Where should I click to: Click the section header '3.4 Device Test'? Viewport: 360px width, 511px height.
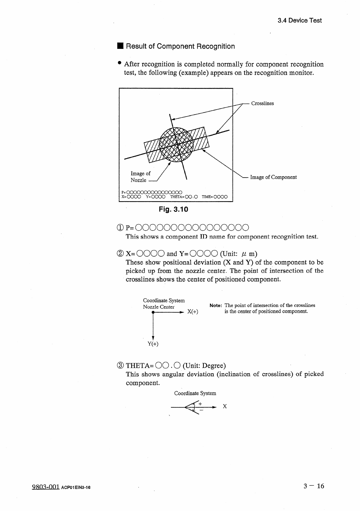(299, 20)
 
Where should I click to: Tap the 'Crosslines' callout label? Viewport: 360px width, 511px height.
(262, 103)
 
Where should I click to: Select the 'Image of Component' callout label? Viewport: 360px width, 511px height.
(273, 177)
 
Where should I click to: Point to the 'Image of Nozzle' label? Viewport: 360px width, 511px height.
(140, 177)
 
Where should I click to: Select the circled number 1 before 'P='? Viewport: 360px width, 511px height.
(120, 227)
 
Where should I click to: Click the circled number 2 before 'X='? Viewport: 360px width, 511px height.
(120, 253)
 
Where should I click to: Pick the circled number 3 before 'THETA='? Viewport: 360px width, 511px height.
(120, 365)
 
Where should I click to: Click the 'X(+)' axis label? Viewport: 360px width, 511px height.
(193, 312)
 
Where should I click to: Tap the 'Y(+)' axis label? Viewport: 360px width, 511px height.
(153, 344)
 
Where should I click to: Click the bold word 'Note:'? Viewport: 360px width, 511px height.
(216, 306)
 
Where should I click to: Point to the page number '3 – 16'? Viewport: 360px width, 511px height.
(314, 486)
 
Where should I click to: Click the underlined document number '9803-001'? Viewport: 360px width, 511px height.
(45, 487)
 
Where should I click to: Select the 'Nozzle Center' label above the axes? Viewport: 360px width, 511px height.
(159, 307)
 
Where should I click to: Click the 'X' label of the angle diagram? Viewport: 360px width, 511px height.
(225, 406)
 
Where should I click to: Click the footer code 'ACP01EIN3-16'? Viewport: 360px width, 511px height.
(76, 488)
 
